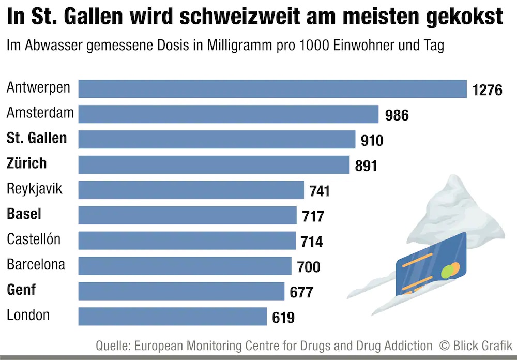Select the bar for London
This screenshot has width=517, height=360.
pos(172,316)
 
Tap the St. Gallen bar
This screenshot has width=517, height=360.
pos(217,139)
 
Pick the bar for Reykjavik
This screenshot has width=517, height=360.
pos(191,190)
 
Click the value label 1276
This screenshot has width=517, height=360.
pos(487,90)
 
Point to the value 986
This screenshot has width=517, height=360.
pos(397,115)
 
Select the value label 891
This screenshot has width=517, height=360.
pos(366,166)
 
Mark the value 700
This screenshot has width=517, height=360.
pos(309,267)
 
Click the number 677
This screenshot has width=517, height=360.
pos(301,292)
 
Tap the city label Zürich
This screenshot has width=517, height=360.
pos(27,163)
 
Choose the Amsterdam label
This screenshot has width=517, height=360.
pos(40,113)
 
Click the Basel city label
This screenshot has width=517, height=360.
pos(24,214)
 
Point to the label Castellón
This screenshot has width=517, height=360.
pos(34,239)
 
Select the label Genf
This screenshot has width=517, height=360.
pos(21,290)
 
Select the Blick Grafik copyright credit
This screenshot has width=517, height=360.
pos(475,345)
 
